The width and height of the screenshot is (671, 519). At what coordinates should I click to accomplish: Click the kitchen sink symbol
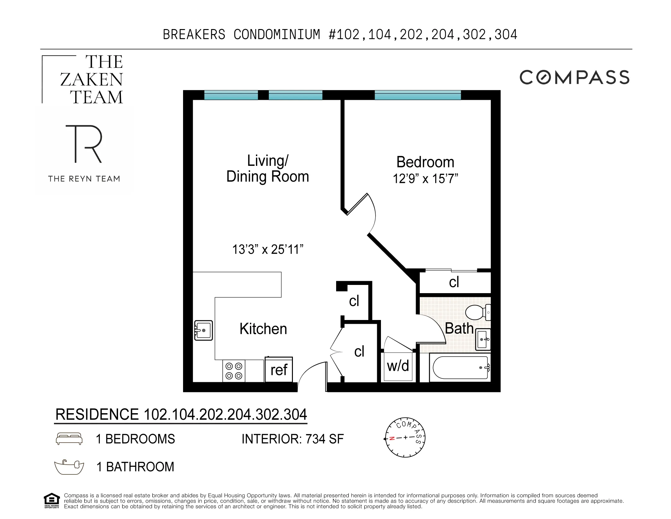[204, 330]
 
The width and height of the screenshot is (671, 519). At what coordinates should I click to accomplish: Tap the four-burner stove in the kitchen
[234, 371]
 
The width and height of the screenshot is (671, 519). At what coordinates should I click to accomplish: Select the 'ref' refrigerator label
[279, 370]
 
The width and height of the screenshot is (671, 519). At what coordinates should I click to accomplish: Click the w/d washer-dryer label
[398, 366]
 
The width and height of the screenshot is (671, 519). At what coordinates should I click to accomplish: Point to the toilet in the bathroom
[477, 312]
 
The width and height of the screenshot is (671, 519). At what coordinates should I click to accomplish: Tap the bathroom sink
[483, 340]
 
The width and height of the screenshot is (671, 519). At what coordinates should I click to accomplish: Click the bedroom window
[418, 95]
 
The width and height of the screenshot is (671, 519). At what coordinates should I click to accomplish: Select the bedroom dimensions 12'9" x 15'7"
[425, 179]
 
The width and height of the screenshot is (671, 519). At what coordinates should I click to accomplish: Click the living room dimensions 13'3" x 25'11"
[268, 250]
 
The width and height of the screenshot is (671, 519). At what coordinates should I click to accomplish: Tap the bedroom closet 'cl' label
[454, 282]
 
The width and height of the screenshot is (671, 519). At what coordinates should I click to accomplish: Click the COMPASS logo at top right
[574, 77]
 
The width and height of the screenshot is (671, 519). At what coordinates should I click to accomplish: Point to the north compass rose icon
[405, 438]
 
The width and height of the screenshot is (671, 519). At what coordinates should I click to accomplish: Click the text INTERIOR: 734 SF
[293, 439]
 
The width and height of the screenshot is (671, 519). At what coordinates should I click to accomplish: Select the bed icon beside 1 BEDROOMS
[69, 439]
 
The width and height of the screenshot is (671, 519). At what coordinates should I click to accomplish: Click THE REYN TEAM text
[84, 179]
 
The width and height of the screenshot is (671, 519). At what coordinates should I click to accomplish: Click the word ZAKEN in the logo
[92, 80]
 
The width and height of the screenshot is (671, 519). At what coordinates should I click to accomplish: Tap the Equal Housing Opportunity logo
[51, 500]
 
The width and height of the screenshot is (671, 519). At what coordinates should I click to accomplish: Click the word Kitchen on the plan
[263, 329]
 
